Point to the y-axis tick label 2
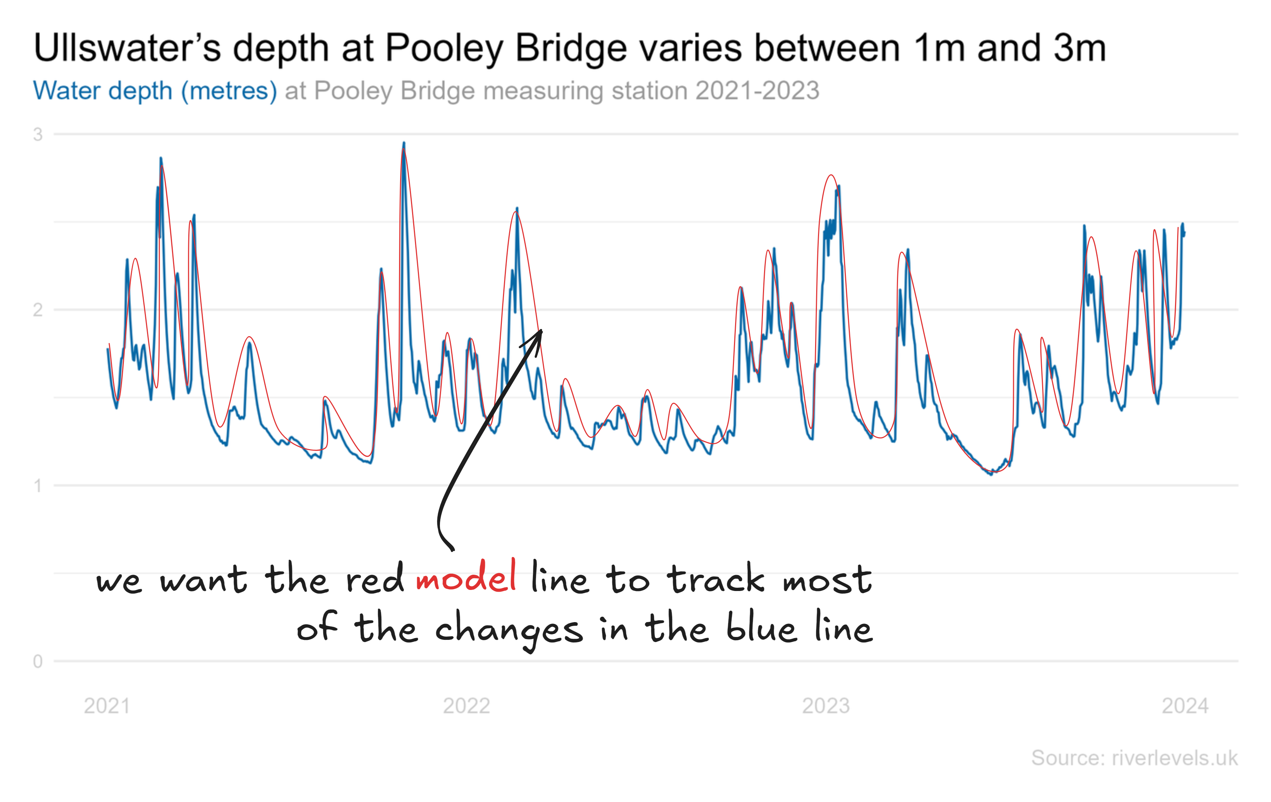point(37,310)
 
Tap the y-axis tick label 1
point(37,485)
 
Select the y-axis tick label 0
point(37,661)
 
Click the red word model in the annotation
point(466,577)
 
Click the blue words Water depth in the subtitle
point(103,91)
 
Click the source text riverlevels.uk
point(1174,758)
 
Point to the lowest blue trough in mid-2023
point(991,474)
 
